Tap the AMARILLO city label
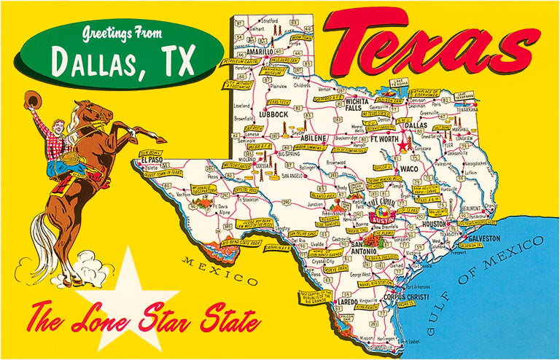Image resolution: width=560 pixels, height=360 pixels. point(259,52)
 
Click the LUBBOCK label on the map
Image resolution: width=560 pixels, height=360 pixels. point(274,114)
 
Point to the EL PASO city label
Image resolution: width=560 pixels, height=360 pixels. point(152,159)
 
